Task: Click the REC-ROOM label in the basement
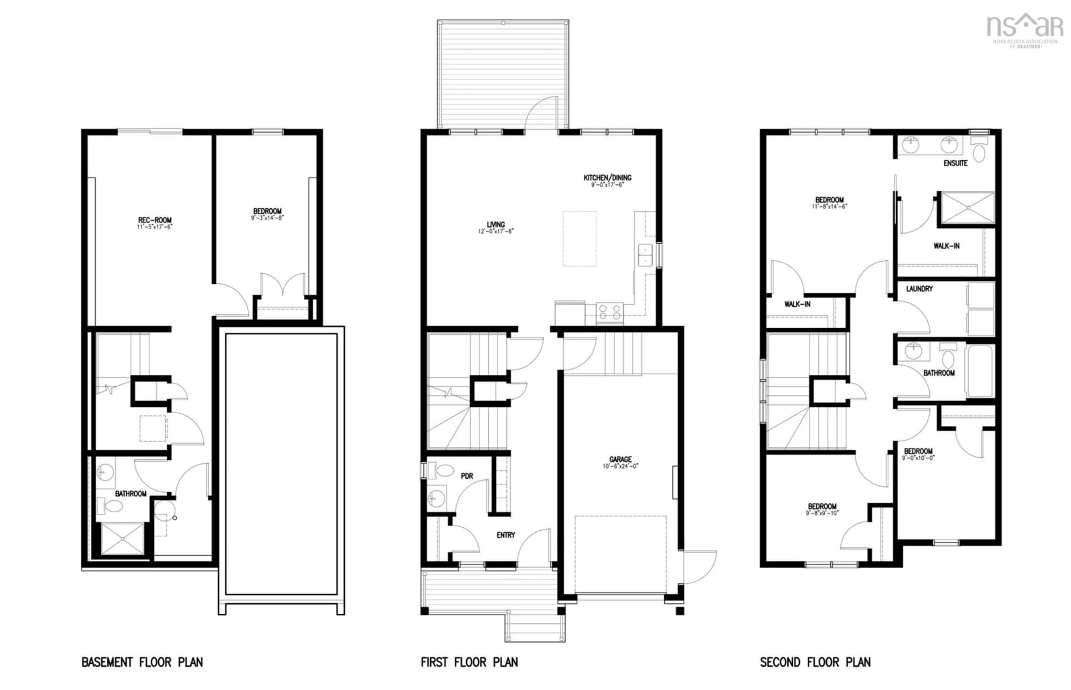coord(155,220)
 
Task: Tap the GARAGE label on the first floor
coord(620,459)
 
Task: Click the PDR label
coord(467,476)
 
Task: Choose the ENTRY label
coord(506,535)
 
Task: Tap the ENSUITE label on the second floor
coord(956,163)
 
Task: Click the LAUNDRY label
coord(919,289)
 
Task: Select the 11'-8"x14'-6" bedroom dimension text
coord(829,207)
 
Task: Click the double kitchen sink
coord(645,254)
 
